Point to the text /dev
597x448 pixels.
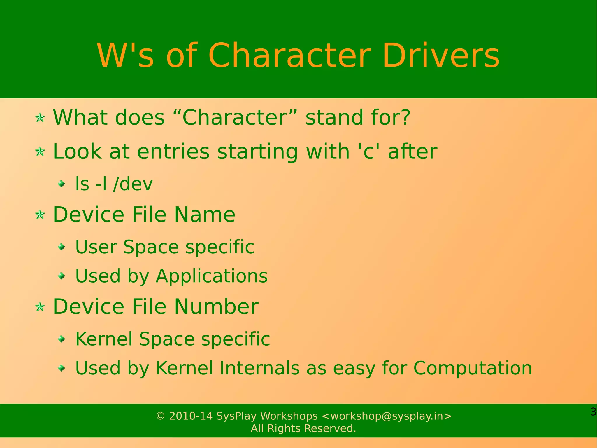click(x=133, y=184)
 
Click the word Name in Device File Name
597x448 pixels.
click(x=205, y=215)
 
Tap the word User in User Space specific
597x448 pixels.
click(x=96, y=247)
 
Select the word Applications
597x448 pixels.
click(x=212, y=276)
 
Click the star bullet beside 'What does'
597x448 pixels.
click(x=40, y=118)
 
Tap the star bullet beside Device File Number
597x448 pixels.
click(x=40, y=307)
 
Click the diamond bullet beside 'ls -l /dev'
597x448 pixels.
click(x=62, y=184)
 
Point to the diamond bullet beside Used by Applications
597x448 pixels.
click(x=62, y=276)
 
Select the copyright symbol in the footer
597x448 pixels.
click(x=160, y=416)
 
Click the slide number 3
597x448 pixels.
click(x=593, y=412)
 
